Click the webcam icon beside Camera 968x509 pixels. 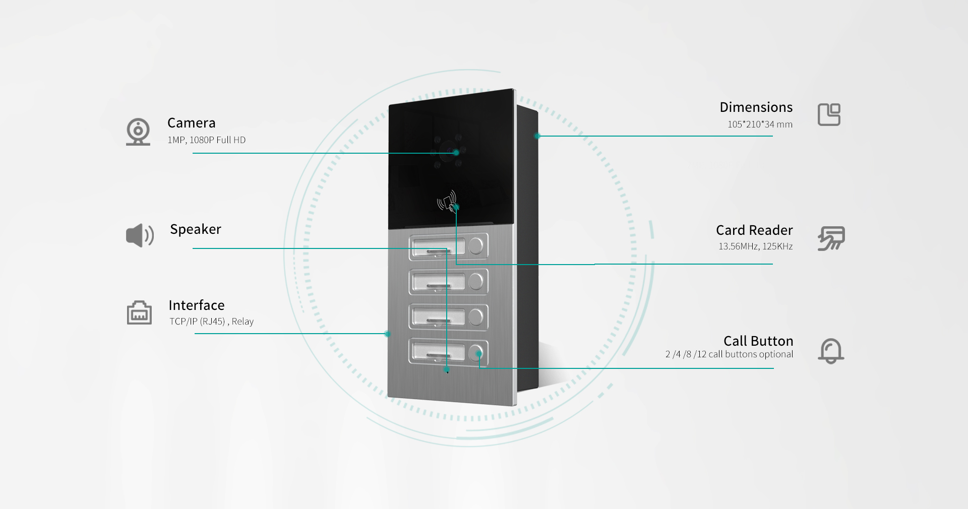coord(138,132)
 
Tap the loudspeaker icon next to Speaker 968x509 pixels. coord(140,235)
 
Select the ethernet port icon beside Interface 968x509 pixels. coord(139,312)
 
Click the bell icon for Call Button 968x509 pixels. coord(831,351)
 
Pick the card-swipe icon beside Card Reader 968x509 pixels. coord(831,238)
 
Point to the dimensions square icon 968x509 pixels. coord(829,115)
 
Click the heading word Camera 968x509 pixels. coord(192,123)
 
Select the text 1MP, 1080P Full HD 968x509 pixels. coord(207,140)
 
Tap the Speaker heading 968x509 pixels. coord(196,229)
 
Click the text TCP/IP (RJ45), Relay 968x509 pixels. coord(212,322)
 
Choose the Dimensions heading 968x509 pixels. coord(756,107)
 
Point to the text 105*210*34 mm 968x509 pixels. coord(760,124)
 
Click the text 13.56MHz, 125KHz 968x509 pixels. coord(756,246)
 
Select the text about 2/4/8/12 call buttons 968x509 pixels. coord(729,354)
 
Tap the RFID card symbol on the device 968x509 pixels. coord(447,201)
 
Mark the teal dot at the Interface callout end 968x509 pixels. coord(387,334)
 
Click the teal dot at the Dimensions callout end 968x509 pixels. coord(537,136)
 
